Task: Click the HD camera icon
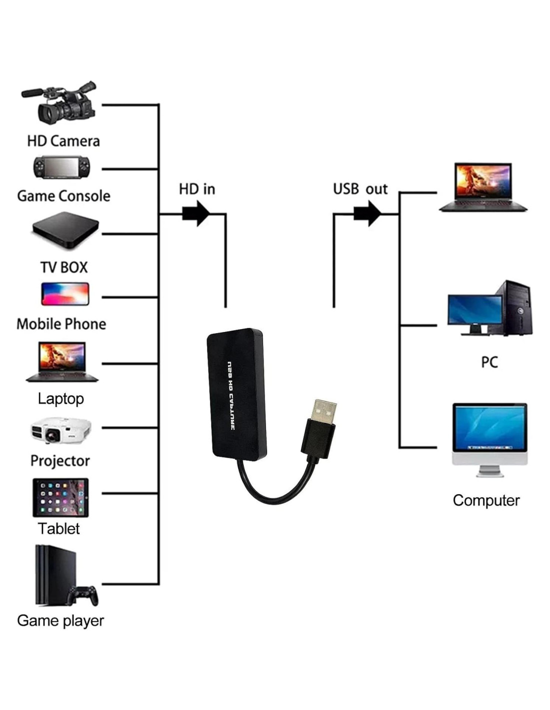pyautogui.click(x=60, y=103)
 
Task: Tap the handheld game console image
pyautogui.click(x=61, y=168)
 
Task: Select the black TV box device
pyautogui.click(x=65, y=230)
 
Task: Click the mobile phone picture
pyautogui.click(x=65, y=294)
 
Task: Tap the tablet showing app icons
pyautogui.click(x=60, y=497)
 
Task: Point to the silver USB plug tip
pyautogui.click(x=323, y=410)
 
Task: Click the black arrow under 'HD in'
pyautogui.click(x=196, y=214)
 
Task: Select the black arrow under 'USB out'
pyautogui.click(x=367, y=214)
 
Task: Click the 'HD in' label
pyautogui.click(x=197, y=189)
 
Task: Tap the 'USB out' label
pyautogui.click(x=360, y=189)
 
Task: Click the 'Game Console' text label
pyautogui.click(x=63, y=196)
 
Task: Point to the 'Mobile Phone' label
pyautogui.click(x=61, y=324)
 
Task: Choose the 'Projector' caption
pyautogui.click(x=60, y=460)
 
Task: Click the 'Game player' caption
pyautogui.click(x=60, y=621)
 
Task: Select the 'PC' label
pyautogui.click(x=489, y=362)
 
